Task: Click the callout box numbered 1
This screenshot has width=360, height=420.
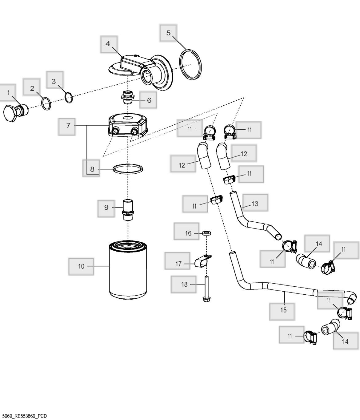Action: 8,92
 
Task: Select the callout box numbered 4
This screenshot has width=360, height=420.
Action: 108,44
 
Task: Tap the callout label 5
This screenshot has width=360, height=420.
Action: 168,33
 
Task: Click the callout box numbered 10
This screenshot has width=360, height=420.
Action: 81,266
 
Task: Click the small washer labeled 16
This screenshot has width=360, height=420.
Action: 206,232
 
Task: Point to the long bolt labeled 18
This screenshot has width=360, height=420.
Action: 206,288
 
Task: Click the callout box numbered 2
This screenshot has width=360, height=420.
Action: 32,88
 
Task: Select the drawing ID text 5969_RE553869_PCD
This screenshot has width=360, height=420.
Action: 24,416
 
